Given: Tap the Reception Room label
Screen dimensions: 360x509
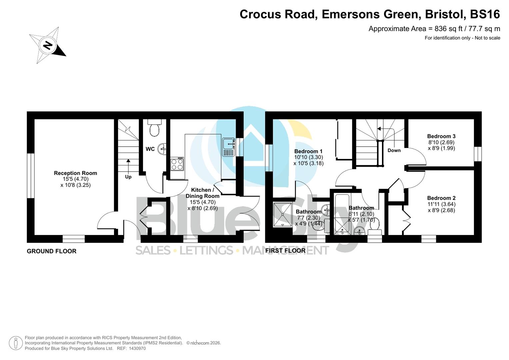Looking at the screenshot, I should [x=75, y=173].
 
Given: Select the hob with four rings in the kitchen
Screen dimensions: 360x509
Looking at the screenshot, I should [x=177, y=164].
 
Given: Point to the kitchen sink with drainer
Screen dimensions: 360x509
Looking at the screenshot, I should [x=229, y=147].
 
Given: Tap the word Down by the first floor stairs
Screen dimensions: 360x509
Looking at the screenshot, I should [x=394, y=150].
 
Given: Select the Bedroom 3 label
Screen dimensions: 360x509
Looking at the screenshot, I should [x=441, y=136].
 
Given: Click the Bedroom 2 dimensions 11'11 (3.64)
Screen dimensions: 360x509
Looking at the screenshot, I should [x=441, y=204].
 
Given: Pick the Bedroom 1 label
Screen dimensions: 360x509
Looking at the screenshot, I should [x=308, y=151].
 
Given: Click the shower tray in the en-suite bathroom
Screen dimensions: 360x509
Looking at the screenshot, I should [x=282, y=214].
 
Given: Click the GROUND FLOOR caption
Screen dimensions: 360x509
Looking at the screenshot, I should [x=52, y=251].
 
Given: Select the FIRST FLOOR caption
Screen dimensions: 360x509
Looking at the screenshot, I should [x=285, y=250].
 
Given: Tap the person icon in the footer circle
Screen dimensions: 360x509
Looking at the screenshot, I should [x=16, y=343].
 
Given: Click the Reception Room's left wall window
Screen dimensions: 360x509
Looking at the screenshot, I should [x=31, y=176].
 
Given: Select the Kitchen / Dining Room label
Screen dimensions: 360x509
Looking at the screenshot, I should [x=202, y=193].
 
